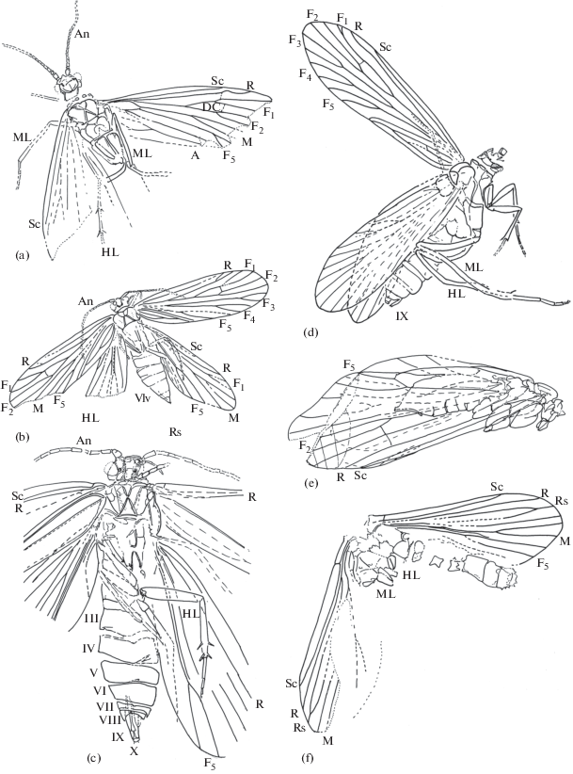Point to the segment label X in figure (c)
[134, 750]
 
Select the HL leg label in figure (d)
[455, 293]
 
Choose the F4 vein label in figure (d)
[305, 74]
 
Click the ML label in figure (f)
[385, 593]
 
